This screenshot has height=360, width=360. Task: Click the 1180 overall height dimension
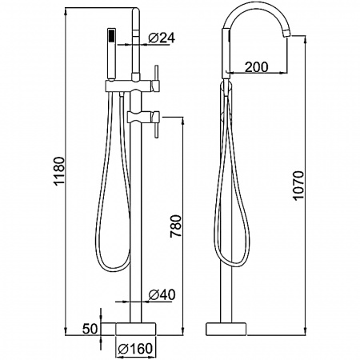(59, 170)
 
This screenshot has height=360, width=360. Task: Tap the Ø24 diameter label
(162, 38)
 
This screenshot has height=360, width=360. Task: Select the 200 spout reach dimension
(256, 66)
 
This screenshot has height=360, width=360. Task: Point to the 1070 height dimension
(298, 186)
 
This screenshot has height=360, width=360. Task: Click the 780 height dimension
(176, 226)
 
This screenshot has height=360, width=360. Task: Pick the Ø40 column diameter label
(162, 294)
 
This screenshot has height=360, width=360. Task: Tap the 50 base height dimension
(90, 329)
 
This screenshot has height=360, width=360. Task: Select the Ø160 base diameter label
(135, 348)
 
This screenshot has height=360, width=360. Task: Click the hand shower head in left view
(111, 54)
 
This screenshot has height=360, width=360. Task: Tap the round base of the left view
(136, 329)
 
